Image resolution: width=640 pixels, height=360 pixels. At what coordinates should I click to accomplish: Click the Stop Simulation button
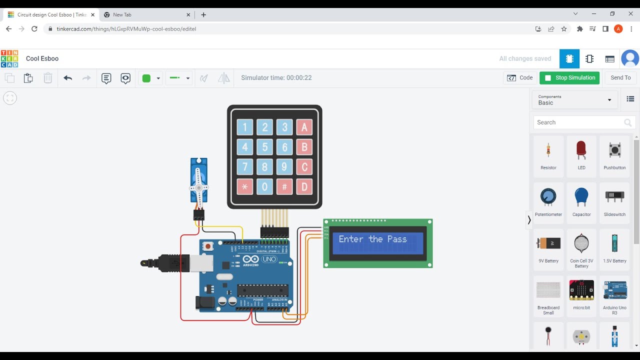pyautogui.click(x=569, y=77)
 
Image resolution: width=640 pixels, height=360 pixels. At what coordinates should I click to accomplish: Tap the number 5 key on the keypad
pyautogui.click(x=265, y=147)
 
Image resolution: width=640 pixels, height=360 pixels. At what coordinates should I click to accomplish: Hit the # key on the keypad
pyautogui.click(x=284, y=187)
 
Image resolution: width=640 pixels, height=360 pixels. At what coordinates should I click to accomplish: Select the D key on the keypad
pyautogui.click(x=304, y=187)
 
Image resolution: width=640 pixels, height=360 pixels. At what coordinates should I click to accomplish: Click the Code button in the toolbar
pyautogui.click(x=520, y=77)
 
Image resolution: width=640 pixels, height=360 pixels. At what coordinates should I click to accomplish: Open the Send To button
pyautogui.click(x=620, y=77)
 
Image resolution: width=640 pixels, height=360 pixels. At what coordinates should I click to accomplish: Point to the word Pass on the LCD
pyautogui.click(x=397, y=239)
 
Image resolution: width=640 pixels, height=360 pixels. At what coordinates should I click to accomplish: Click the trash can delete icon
pyautogui.click(x=47, y=78)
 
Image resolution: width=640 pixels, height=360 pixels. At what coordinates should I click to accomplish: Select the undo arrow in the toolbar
pyautogui.click(x=68, y=78)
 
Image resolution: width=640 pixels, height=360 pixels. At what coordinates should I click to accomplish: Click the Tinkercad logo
pyautogui.click(x=9, y=58)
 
